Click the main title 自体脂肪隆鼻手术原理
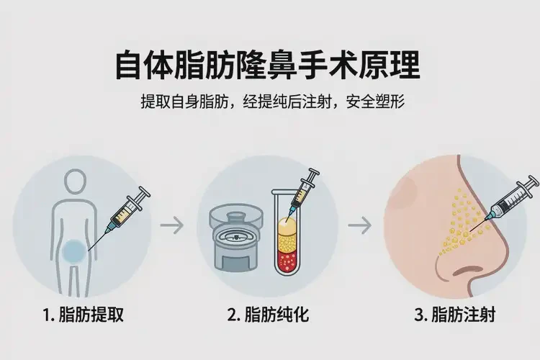pyautogui.click(x=268, y=65)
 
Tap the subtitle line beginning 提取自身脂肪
pyautogui.click(x=272, y=102)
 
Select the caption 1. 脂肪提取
pyautogui.click(x=83, y=315)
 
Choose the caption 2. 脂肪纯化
pyautogui.click(x=269, y=315)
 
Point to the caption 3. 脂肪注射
pyautogui.click(x=455, y=315)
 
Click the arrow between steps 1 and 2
pyautogui.click(x=172, y=225)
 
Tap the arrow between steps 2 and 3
pyautogui.click(x=359, y=225)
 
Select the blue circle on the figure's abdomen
pyautogui.click(x=74, y=252)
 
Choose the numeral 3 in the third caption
pyautogui.click(x=419, y=315)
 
